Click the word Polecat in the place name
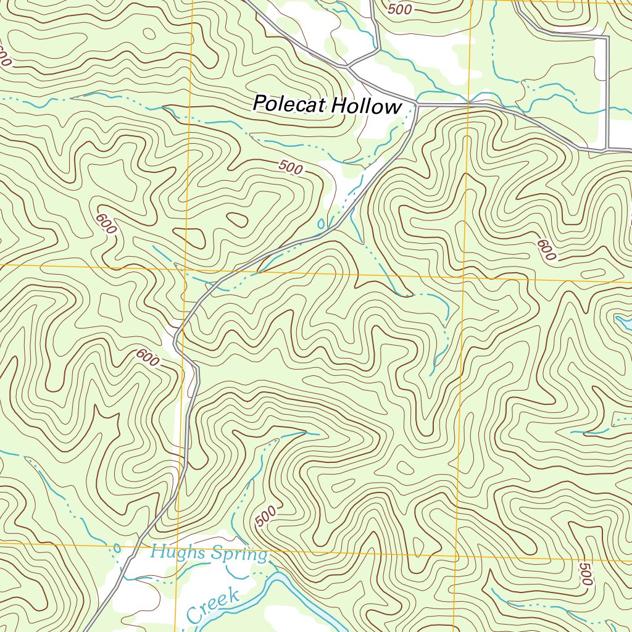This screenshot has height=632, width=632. pyautogui.click(x=290, y=104)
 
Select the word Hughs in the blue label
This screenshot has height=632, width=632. pyautogui.click(x=178, y=552)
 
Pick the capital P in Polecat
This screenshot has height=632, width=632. pyautogui.click(x=260, y=104)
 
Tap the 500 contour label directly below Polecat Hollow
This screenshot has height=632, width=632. pyautogui.click(x=291, y=166)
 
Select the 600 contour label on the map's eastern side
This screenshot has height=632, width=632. pyautogui.click(x=546, y=249)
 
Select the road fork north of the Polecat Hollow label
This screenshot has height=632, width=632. pyautogui.click(x=348, y=65)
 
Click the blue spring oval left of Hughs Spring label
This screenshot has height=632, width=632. pyautogui.click(x=117, y=549)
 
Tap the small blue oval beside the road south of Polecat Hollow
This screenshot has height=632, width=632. pyautogui.click(x=320, y=223)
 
